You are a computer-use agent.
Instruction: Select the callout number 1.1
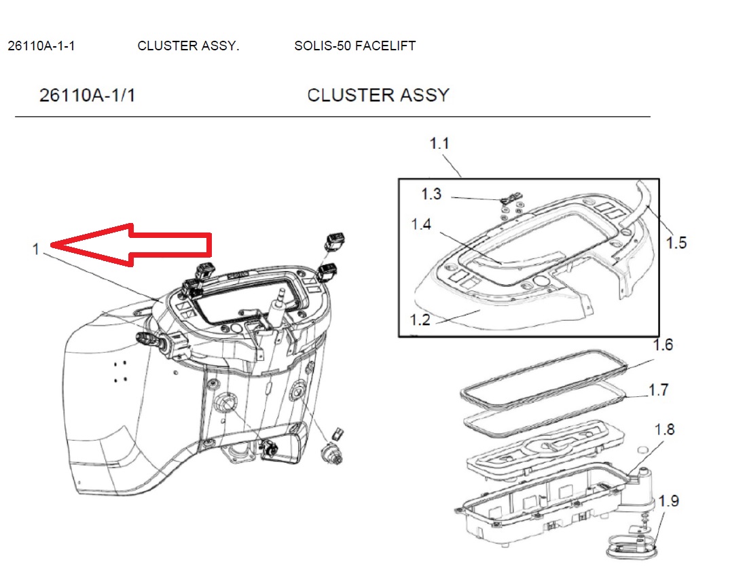click(x=439, y=144)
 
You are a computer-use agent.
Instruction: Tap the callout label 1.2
click(x=420, y=319)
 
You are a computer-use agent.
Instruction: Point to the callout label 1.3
click(x=431, y=194)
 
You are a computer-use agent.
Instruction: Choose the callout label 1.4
click(x=420, y=224)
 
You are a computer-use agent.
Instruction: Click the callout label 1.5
click(x=676, y=242)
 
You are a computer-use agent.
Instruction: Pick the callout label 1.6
click(x=662, y=345)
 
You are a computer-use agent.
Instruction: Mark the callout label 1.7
click(x=658, y=390)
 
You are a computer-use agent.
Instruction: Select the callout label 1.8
click(x=664, y=430)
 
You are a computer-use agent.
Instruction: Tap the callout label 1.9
click(x=668, y=502)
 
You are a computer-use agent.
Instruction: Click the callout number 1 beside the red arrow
click(x=36, y=249)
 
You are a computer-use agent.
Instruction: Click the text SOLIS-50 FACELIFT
click(x=354, y=46)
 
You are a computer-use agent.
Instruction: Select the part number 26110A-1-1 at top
click(x=41, y=46)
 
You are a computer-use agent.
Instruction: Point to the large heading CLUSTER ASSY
click(x=378, y=95)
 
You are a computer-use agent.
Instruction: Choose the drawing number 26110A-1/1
click(x=88, y=95)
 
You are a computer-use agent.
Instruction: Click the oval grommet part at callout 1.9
click(x=631, y=545)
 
